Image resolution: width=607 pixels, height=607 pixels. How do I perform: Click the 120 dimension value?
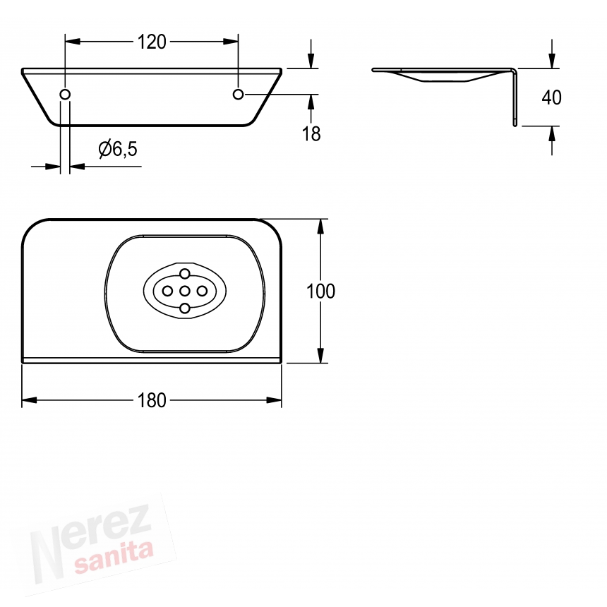pos(152,42)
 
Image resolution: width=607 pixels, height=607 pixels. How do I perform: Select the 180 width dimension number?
pos(152,400)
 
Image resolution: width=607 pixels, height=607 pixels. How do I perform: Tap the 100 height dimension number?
pos(320,291)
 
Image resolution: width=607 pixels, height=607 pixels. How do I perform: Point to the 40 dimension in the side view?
pos(552,97)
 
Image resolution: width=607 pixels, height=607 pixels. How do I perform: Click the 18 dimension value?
pos(311,134)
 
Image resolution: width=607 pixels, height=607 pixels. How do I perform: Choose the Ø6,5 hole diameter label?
pos(118,149)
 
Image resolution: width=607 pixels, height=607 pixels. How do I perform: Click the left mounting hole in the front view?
pos(65,94)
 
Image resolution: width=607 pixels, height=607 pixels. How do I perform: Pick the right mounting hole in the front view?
pos(238,94)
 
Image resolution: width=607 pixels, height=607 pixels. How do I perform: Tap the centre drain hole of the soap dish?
pos(185,291)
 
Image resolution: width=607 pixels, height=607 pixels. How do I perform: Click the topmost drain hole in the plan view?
pos(185,274)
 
